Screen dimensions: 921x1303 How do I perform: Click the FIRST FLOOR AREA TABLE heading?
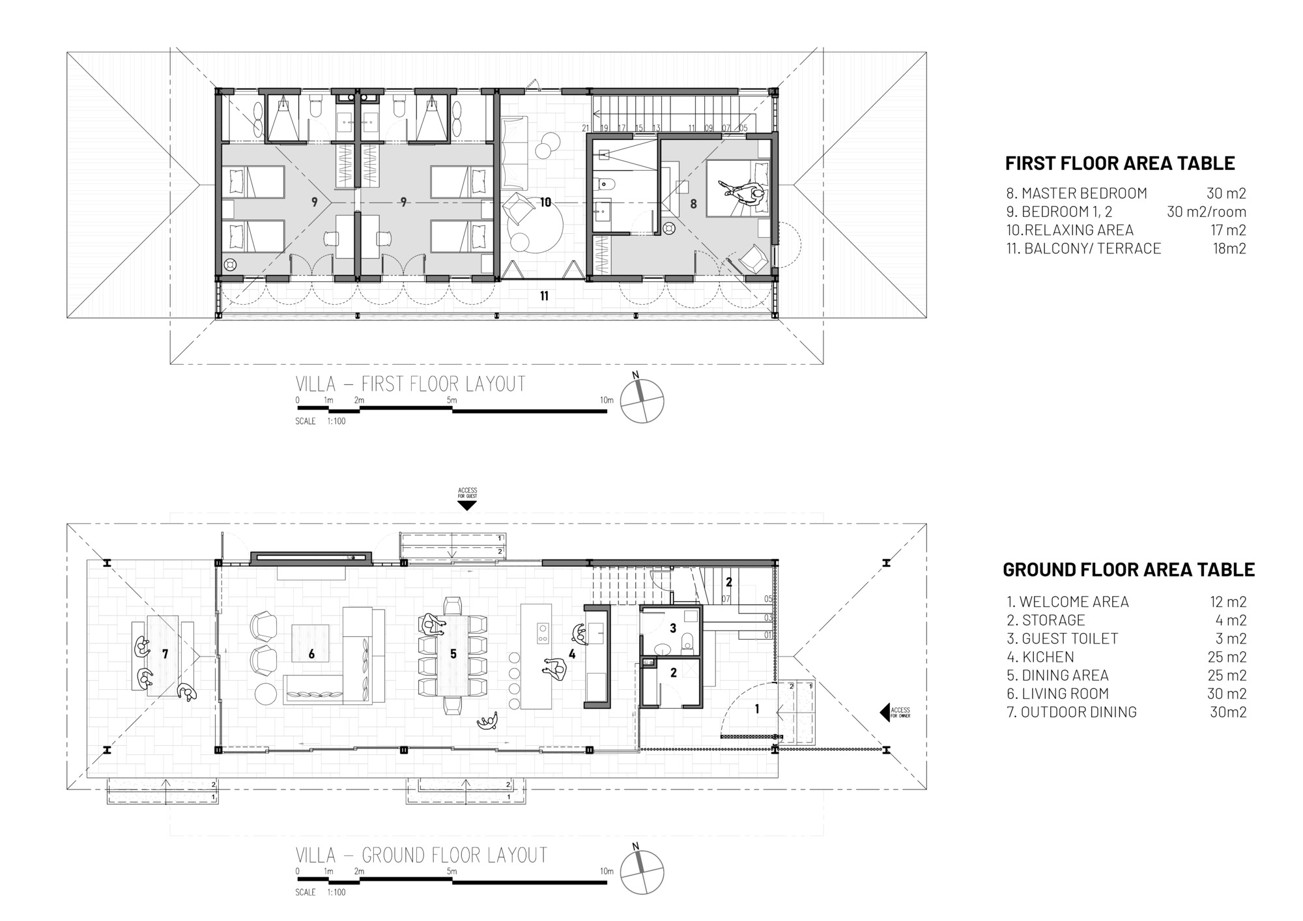coord(1119,163)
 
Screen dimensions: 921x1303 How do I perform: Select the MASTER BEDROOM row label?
coord(1076,193)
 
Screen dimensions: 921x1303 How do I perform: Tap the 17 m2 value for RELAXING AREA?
coord(1228,230)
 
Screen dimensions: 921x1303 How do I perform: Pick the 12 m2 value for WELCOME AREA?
coord(1228,602)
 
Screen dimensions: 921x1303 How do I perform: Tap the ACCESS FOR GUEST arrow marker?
coord(467,505)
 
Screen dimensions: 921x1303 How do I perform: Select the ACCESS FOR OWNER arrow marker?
coord(885,711)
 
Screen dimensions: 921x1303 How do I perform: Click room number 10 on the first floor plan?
coord(545,202)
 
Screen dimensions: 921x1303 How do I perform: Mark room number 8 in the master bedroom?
coord(693,204)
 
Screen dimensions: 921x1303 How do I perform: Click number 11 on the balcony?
coord(544,296)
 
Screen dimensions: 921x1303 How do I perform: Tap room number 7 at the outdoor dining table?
coord(165,653)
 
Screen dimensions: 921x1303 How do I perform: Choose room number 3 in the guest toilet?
coord(673,628)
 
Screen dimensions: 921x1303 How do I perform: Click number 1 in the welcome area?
coord(756,709)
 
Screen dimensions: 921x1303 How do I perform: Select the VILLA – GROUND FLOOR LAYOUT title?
coord(421,855)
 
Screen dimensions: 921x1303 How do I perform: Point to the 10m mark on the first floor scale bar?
coord(606,400)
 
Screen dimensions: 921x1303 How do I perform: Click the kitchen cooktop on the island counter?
coord(541,632)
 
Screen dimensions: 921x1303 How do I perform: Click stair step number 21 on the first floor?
coord(585,128)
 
